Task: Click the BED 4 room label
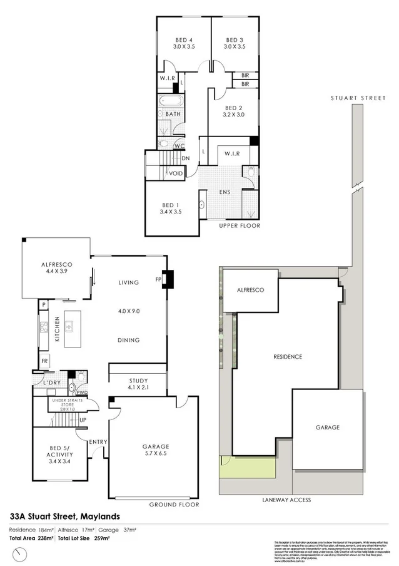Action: [183, 39]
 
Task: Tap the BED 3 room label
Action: [235, 39]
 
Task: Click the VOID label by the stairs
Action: [176, 173]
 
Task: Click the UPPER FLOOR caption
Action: [240, 225]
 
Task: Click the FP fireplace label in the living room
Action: [159, 280]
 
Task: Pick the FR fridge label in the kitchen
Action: [44, 362]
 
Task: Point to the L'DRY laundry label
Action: [51, 383]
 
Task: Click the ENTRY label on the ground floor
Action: [98, 442]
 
